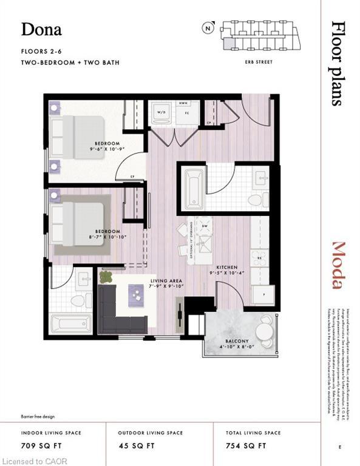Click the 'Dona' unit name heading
pyautogui.click(x=41, y=29)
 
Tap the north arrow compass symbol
pyautogui.click(x=208, y=27)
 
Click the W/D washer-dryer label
pyautogui.click(x=162, y=112)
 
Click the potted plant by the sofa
pyautogui.click(x=107, y=277)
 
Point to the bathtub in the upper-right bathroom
pyautogui.click(x=193, y=187)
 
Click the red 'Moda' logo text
pyautogui.click(x=339, y=265)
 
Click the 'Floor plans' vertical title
pyautogui.click(x=339, y=63)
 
